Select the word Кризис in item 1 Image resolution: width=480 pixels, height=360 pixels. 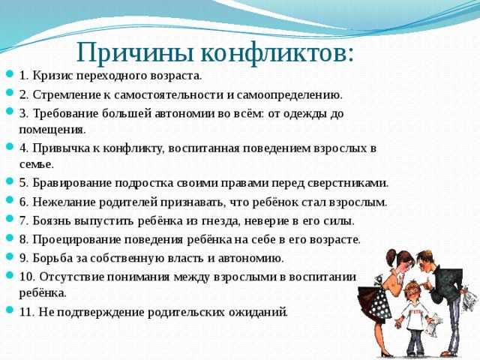pyautogui.click(x=52, y=76)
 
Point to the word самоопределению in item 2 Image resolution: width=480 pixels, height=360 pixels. pyautogui.click(x=289, y=95)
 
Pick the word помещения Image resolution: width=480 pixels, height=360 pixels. pyautogui.click(x=52, y=130)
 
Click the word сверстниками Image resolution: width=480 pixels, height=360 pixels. pyautogui.click(x=348, y=183)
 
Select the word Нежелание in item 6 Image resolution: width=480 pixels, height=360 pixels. pyautogui.click(x=63, y=202)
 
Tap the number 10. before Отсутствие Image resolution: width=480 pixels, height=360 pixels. pyautogui.click(x=28, y=277)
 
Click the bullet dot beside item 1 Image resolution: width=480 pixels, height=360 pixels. pyautogui.click(x=10, y=73)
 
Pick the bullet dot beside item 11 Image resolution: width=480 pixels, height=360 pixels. pyautogui.click(x=10, y=310)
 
